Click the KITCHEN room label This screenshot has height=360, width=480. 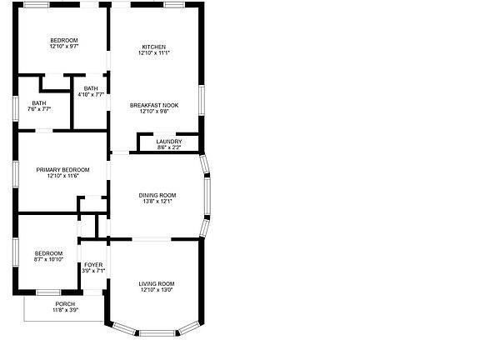(x=153, y=47)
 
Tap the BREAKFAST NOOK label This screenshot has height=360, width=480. (x=153, y=105)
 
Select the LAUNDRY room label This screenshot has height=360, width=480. (x=168, y=142)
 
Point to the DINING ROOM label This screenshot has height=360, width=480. (x=157, y=195)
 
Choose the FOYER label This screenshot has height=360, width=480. (x=93, y=265)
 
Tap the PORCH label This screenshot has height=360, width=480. (x=65, y=304)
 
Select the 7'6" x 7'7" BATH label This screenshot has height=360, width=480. (x=39, y=103)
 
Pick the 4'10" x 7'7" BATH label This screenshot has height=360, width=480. (x=91, y=88)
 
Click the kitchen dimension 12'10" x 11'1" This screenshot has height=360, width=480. (x=153, y=53)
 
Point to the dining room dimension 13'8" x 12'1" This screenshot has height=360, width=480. (x=157, y=202)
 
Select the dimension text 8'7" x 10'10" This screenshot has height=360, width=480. (x=48, y=260)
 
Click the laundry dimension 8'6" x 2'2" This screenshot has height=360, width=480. (x=168, y=147)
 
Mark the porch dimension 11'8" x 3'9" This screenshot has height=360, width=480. (x=65, y=310)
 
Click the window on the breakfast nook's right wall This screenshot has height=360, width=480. (x=201, y=99)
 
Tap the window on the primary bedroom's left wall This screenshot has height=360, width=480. (x=15, y=173)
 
